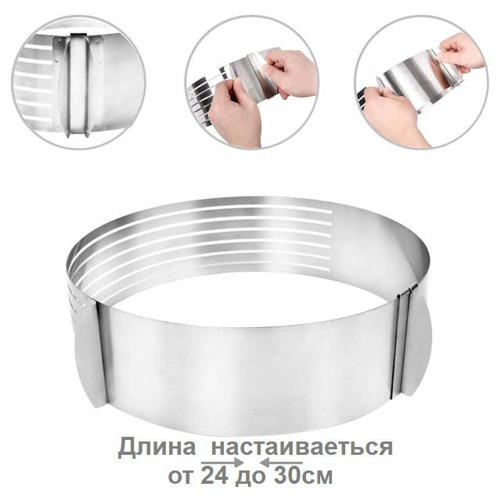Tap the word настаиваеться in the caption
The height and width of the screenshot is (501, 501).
pyautogui.click(x=302, y=447)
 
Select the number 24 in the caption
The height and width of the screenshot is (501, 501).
pyautogui.click(x=214, y=476)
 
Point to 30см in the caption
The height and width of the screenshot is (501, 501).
pyautogui.click(x=303, y=476)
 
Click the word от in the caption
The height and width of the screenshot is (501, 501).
pyautogui.click(x=180, y=477)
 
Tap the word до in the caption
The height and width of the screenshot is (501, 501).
pyautogui.click(x=250, y=478)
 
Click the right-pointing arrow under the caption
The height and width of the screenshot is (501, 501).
pyautogui.click(x=222, y=463)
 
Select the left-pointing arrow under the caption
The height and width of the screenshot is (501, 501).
pyautogui.click(x=281, y=463)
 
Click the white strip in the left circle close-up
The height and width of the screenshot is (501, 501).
pyautogui.click(x=77, y=87)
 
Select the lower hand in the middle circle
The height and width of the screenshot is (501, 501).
pyautogui.click(x=234, y=112)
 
